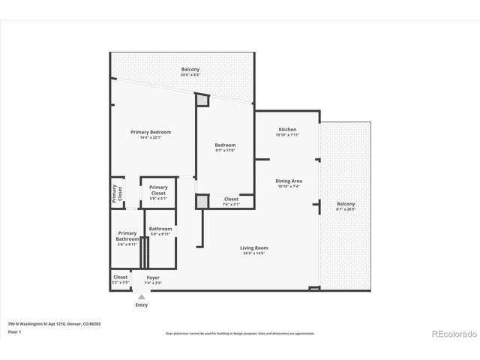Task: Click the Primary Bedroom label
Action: coord(151,134)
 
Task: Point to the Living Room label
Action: coord(254,250)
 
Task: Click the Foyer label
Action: coord(152,280)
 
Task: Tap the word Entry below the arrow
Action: coord(141,305)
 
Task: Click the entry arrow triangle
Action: coord(141,297)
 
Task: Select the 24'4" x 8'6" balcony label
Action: coord(190,73)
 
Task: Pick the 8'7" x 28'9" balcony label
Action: coord(346,206)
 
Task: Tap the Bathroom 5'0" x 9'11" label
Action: coord(160,231)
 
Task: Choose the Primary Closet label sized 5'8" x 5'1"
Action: coord(158,190)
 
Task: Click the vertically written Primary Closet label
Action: coord(117,193)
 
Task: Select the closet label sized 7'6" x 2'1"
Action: coord(231,201)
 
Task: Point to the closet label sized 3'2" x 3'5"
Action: coord(121,280)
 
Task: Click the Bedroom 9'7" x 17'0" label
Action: coord(225,148)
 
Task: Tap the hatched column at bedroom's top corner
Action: coord(202,99)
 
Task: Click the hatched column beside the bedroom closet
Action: coord(202,201)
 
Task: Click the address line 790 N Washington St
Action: coord(54,324)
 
